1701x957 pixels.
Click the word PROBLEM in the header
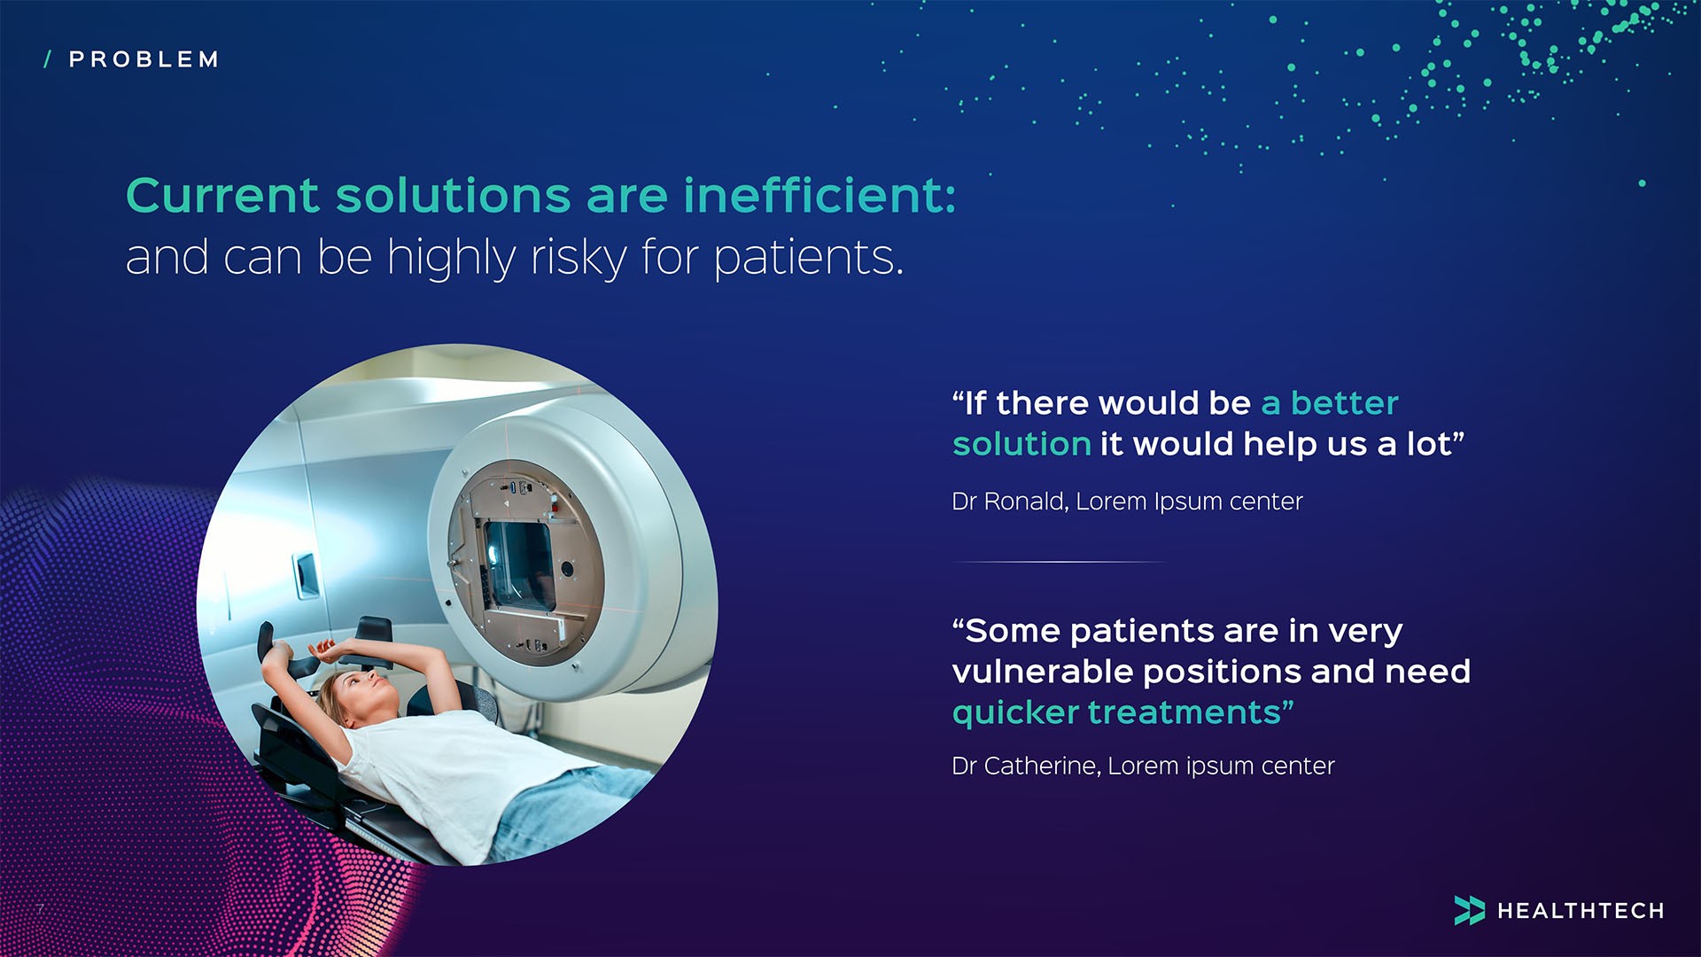(144, 59)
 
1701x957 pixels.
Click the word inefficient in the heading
(819, 195)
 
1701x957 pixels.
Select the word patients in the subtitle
(808, 258)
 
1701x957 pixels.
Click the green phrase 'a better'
(1329, 403)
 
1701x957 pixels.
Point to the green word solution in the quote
(1021, 444)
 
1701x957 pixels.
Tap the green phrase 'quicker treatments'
(1121, 712)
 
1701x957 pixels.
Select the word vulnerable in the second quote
(1042, 672)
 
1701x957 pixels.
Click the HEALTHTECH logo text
(1580, 911)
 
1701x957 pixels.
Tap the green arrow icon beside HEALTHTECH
(1469, 910)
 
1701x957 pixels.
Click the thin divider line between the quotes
(1059, 562)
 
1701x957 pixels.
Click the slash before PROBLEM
(48, 59)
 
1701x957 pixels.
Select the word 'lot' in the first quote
(1429, 444)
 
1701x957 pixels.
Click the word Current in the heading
(222, 195)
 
